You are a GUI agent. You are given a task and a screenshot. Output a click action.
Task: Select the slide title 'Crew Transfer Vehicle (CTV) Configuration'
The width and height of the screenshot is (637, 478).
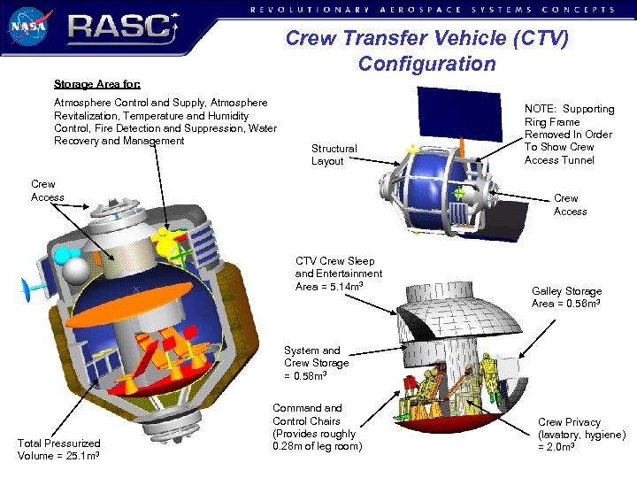tap(426, 51)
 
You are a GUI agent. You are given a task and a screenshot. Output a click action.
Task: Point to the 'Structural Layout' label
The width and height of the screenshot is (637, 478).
tap(334, 155)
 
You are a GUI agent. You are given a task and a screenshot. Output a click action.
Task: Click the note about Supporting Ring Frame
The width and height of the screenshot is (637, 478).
tap(569, 135)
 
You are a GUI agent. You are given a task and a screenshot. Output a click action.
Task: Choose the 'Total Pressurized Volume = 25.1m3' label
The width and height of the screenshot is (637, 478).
tap(59, 449)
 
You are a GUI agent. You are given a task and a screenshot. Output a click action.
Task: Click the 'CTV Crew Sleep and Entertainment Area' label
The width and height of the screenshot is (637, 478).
tap(338, 274)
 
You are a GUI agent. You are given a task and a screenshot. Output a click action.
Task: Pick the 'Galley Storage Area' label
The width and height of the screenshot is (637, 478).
tap(566, 297)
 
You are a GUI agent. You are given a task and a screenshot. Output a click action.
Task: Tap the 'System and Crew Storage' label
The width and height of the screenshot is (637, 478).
tap(316, 363)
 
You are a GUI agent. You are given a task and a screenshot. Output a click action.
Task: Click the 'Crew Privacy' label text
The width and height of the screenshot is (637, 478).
tap(581, 435)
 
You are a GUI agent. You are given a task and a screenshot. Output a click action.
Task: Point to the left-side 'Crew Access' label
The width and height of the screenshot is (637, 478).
tap(48, 191)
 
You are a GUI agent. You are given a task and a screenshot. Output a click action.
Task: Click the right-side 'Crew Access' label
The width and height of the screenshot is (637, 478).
tap(570, 204)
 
